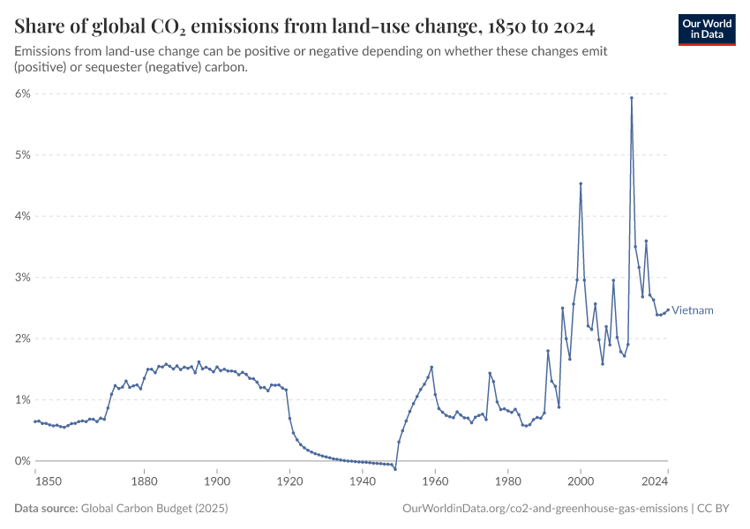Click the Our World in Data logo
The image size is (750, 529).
(707, 28)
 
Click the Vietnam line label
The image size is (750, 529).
(693, 310)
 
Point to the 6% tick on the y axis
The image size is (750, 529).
(22, 93)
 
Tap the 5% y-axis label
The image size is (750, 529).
(22, 155)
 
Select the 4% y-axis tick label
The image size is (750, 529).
(22, 216)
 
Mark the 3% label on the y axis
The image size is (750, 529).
(22, 278)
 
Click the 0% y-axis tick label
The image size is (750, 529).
(22, 461)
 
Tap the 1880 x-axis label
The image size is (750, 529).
(145, 481)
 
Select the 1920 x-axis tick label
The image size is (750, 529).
(289, 481)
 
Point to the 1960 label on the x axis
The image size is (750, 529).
(434, 481)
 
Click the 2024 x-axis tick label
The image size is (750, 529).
(654, 481)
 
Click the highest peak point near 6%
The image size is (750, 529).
(632, 98)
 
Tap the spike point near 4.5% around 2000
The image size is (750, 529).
(581, 183)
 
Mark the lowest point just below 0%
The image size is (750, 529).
(395, 468)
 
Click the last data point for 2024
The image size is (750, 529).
(668, 309)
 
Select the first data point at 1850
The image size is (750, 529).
(35, 421)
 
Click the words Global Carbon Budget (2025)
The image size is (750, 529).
(154, 509)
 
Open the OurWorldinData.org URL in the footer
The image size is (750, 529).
(544, 509)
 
